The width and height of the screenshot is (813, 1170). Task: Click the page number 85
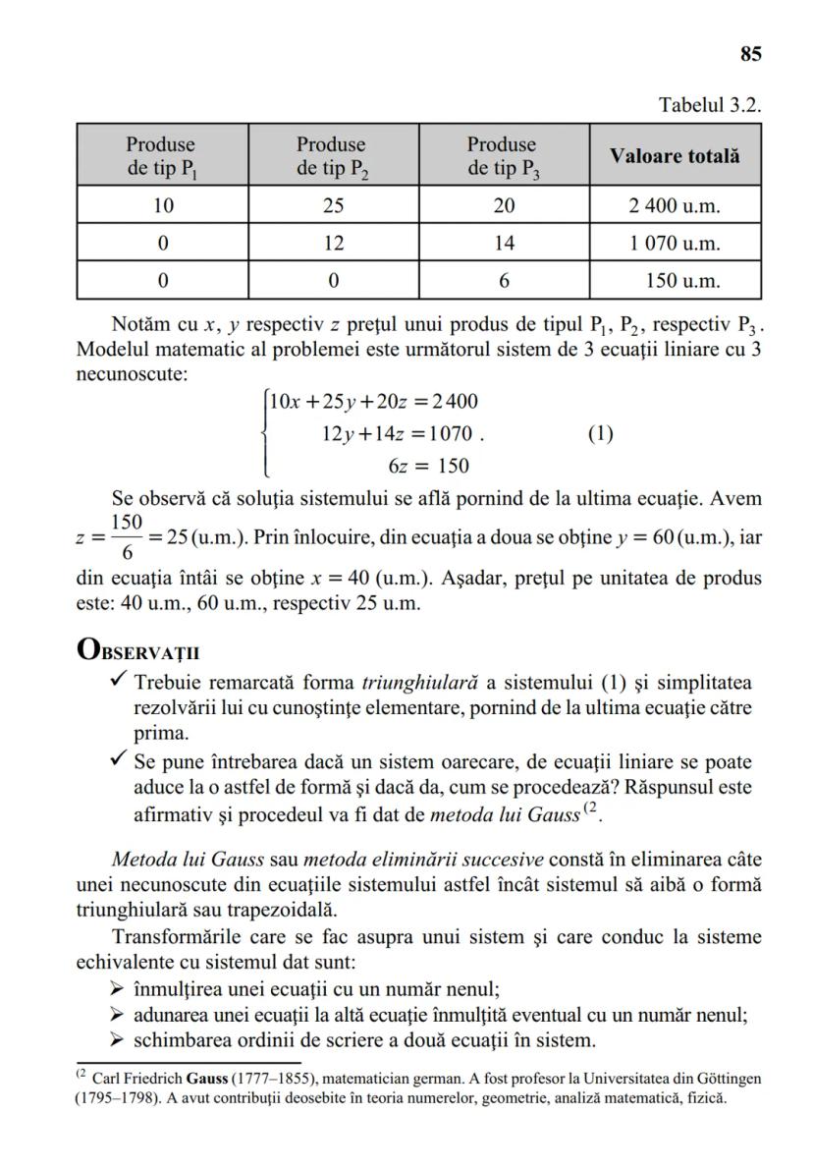[x=750, y=55]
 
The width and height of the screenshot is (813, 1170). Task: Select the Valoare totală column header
[x=675, y=155]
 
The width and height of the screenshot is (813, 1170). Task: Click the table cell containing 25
[x=333, y=205]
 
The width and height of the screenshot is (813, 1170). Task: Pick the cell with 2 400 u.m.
[x=675, y=205]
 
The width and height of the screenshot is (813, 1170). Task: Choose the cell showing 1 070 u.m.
[x=675, y=243]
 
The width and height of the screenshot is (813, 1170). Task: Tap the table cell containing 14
[x=504, y=243]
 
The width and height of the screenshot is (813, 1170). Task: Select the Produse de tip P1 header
[x=162, y=155]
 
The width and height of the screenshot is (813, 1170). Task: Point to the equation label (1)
[x=600, y=433]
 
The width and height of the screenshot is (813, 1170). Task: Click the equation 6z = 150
[x=428, y=466]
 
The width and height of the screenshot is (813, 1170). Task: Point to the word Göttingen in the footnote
[x=727, y=1078]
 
